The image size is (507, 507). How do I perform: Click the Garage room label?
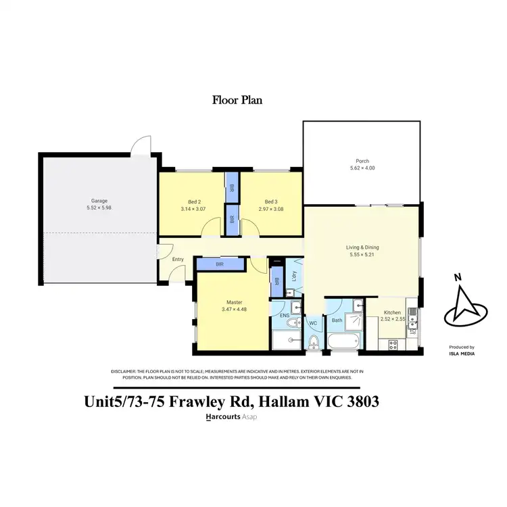[x=99, y=201]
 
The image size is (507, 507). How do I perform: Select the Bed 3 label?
[x=271, y=201]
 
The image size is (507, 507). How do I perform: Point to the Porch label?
[x=362, y=161]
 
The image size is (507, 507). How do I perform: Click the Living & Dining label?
[x=362, y=247]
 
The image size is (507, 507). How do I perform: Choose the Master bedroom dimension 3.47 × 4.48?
[x=232, y=310]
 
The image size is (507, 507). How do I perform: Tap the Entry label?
[x=178, y=260]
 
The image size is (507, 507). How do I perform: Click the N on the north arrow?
[x=458, y=276]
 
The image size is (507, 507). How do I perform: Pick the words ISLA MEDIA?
[x=461, y=352]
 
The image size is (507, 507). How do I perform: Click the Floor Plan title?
[x=237, y=100]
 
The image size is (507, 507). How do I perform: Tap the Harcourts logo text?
[x=222, y=417]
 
